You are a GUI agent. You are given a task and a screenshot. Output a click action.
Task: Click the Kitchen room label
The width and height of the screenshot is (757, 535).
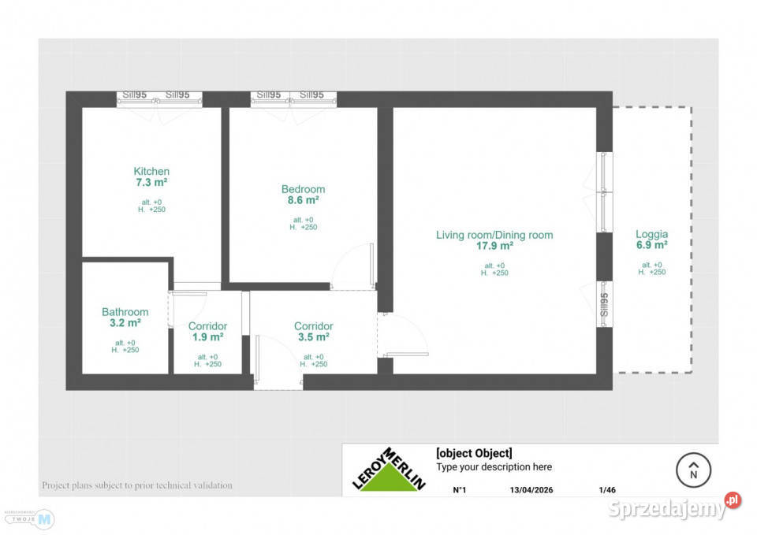pyautogui.click(x=151, y=172)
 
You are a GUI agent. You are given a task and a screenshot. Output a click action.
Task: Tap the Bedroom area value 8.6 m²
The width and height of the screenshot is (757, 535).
pyautogui.click(x=304, y=200)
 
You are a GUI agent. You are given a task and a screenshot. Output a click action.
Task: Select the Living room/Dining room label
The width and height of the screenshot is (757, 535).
pyautogui.click(x=494, y=235)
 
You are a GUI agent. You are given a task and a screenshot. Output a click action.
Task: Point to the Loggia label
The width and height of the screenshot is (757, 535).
pyautogui.click(x=652, y=234)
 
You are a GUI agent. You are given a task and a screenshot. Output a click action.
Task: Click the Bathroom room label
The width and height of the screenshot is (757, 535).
pyautogui.click(x=125, y=312)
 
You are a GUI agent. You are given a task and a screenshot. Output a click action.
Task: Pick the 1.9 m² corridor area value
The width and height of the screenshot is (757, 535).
pyautogui.click(x=208, y=337)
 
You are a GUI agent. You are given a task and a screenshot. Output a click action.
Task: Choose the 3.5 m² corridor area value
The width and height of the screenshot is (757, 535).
pyautogui.click(x=314, y=337)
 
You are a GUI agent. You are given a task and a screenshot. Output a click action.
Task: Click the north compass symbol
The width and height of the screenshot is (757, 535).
pyautogui.click(x=694, y=471)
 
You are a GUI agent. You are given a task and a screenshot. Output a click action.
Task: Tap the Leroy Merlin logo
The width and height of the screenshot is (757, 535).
pyautogui.click(x=389, y=470)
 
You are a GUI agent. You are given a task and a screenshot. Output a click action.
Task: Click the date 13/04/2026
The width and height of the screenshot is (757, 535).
pyautogui.click(x=531, y=490)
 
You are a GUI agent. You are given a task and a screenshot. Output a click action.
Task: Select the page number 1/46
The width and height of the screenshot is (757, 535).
pyautogui.click(x=607, y=490)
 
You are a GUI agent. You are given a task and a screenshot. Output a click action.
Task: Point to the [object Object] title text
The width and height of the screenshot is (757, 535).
pyautogui.click(x=474, y=453)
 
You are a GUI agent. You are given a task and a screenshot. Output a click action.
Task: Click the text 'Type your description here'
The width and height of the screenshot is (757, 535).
pyautogui.click(x=494, y=467)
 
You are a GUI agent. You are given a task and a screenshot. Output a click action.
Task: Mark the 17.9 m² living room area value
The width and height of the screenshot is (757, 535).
pyautogui.click(x=494, y=246)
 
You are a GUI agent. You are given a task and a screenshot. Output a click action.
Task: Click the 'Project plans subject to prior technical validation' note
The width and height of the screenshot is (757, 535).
pyautogui.click(x=137, y=485)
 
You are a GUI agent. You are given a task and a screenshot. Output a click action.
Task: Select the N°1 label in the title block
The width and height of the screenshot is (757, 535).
pyautogui.click(x=460, y=490)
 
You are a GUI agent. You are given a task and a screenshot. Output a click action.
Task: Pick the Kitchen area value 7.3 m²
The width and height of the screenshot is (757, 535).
pyautogui.click(x=151, y=182)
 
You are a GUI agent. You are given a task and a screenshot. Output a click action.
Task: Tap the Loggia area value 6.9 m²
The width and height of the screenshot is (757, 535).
pyautogui.click(x=652, y=245)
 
